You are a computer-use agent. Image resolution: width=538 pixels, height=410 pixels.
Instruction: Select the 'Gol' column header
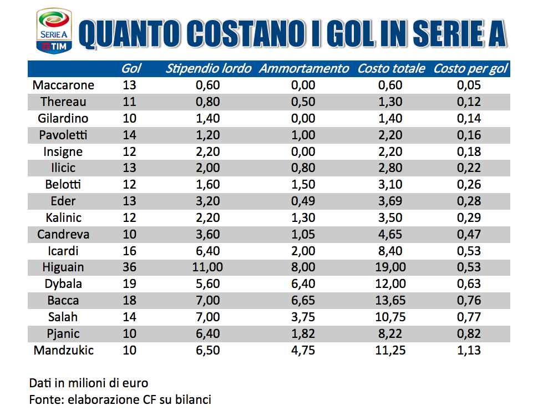(x=131, y=68)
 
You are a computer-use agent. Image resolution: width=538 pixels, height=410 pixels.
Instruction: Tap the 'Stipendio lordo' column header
(x=209, y=68)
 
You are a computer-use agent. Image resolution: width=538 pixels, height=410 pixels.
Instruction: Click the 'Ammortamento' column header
(x=304, y=68)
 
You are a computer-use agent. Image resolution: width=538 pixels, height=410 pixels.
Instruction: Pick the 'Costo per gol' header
(x=471, y=68)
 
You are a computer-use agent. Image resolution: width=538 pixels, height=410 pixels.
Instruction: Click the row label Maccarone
(x=63, y=85)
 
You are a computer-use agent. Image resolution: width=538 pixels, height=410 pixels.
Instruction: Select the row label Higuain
(x=63, y=267)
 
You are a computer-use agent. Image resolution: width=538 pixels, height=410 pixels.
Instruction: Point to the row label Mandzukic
(x=63, y=350)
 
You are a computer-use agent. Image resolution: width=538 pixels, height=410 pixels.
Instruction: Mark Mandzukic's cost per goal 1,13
(x=469, y=350)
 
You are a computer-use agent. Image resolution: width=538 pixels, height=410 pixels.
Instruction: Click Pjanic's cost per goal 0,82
(x=469, y=333)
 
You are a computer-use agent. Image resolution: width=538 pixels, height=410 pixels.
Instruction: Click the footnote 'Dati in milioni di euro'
(x=89, y=383)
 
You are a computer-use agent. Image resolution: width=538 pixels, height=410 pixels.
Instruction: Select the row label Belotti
(x=63, y=184)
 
